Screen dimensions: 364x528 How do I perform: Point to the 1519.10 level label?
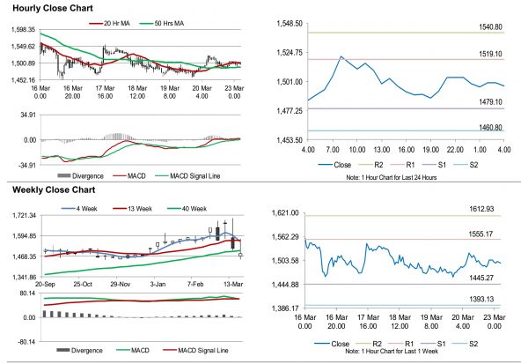[x=486, y=54]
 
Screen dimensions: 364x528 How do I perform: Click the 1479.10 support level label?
[x=486, y=102]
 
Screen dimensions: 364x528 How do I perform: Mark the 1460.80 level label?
[x=486, y=128]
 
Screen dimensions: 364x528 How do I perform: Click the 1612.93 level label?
[x=486, y=208]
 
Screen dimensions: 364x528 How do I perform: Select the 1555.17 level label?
[x=486, y=233]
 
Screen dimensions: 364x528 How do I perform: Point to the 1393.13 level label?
[x=486, y=300]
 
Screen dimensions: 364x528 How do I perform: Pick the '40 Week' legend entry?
[x=193, y=208]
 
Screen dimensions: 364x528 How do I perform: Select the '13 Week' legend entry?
[x=137, y=208]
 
